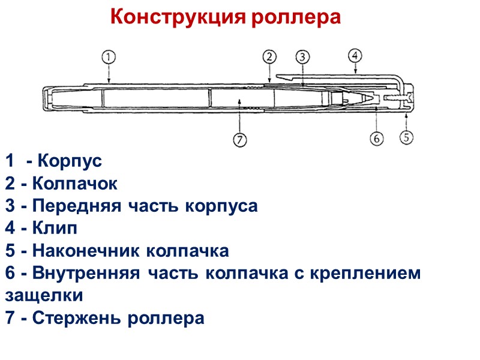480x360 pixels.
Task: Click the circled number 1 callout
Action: [x=108, y=57]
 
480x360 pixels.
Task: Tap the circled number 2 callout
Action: [x=269, y=57]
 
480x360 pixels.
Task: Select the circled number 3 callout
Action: [x=302, y=57]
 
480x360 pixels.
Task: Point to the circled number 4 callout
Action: [x=355, y=55]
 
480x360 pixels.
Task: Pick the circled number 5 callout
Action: [x=407, y=137]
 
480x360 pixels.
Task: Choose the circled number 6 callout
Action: [x=376, y=139]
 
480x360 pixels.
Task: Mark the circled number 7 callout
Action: [x=239, y=140]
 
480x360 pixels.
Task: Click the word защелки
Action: [x=44, y=296]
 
